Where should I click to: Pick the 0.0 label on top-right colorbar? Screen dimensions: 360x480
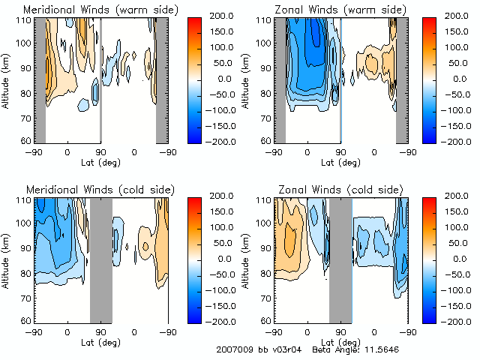pos(457,78)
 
